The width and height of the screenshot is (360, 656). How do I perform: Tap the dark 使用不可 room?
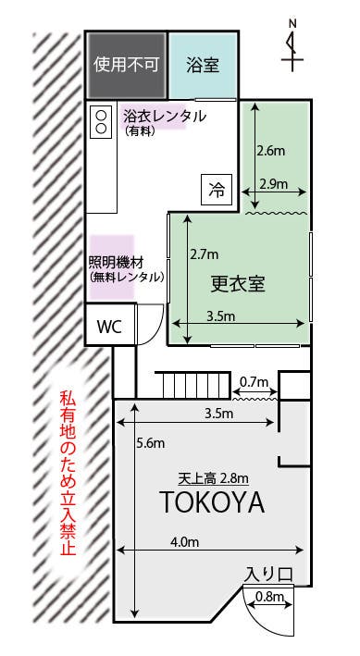[127, 66]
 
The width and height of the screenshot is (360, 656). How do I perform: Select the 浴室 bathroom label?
[201, 66]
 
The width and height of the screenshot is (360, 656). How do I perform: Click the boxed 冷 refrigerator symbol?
[217, 191]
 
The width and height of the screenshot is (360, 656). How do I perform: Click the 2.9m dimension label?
[275, 183]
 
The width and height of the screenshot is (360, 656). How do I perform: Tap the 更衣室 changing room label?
[238, 283]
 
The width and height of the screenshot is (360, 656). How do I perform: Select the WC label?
[109, 327]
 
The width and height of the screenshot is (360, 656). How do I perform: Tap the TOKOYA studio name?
[212, 504]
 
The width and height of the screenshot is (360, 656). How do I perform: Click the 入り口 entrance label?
[269, 575]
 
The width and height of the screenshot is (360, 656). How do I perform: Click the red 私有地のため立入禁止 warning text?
[67, 472]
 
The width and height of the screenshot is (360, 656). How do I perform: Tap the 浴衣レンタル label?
[164, 117]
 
